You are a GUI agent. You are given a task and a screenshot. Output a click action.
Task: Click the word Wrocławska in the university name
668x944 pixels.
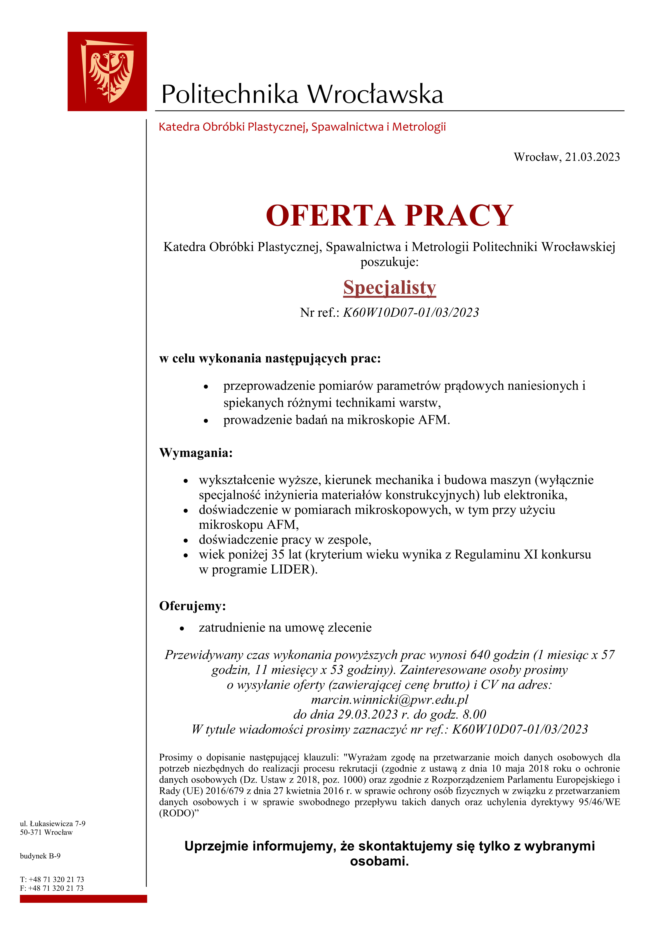coord(375,94)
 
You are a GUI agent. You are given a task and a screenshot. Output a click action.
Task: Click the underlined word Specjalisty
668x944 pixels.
coord(389,287)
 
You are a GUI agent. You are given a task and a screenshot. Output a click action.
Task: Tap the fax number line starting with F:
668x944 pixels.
coord(51,888)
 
